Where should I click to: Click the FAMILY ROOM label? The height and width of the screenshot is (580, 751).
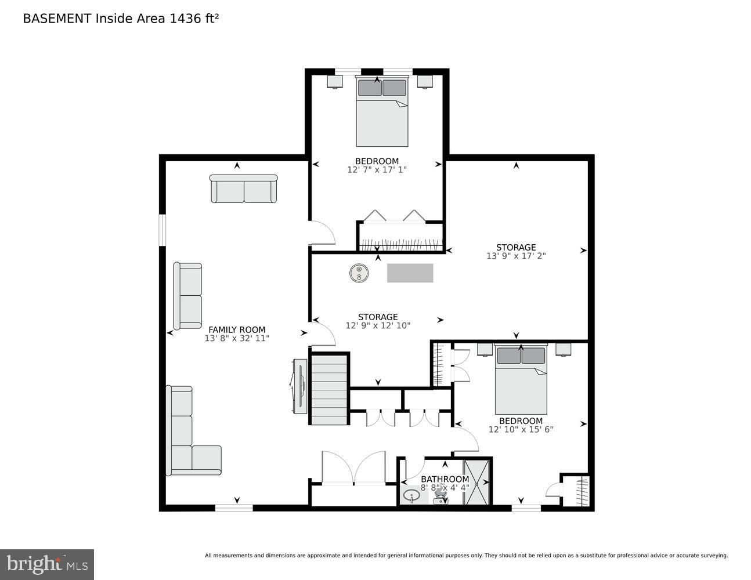click(x=237, y=329)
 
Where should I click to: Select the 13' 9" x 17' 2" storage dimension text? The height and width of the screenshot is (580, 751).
click(x=515, y=256)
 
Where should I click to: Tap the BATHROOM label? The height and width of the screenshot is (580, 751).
click(x=445, y=479)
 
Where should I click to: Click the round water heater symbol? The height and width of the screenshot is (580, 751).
click(x=359, y=273)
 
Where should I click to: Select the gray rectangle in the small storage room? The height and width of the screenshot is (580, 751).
click(x=410, y=273)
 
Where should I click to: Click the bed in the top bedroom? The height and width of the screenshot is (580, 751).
click(x=382, y=113)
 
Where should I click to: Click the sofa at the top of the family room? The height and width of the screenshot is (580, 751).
click(x=243, y=189)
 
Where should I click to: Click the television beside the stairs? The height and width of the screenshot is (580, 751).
click(x=300, y=386)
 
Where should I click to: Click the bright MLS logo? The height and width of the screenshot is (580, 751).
click(x=46, y=564)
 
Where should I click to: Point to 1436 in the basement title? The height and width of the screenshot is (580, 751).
click(x=183, y=19)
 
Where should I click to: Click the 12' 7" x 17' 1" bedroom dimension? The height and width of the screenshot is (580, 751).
click(x=377, y=170)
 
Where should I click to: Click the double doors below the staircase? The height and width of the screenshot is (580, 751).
click(x=354, y=469)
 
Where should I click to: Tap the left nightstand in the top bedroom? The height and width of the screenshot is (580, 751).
click(x=335, y=81)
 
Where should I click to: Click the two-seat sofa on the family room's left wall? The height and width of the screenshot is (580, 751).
click(x=187, y=296)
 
